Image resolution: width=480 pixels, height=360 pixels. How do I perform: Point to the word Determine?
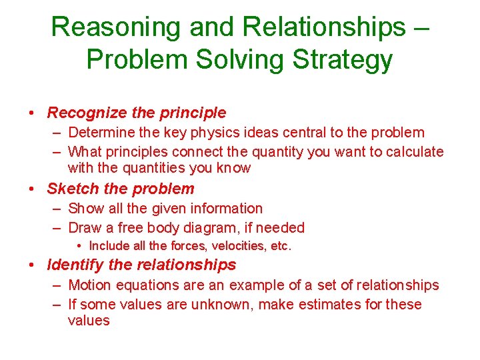coord(101,133)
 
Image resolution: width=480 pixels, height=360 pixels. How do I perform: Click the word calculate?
coord(412,151)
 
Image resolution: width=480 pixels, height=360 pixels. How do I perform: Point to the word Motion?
coord(91,285)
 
